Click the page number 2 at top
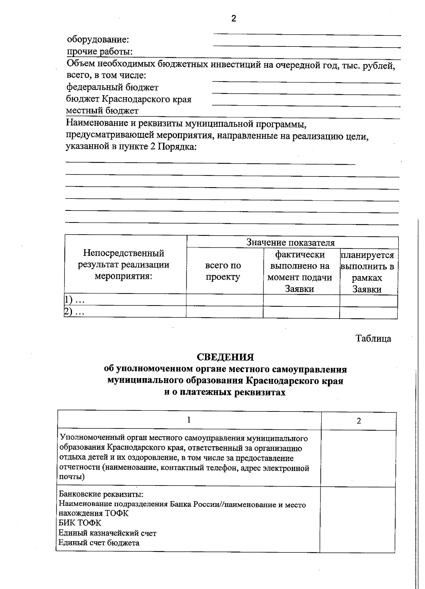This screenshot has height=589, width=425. [x=233, y=18]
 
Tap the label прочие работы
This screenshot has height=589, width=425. [x=100, y=51]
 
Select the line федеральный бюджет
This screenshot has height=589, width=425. [x=113, y=87]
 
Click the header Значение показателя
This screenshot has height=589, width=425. [x=290, y=242]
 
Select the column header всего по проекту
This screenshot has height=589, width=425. [x=223, y=271]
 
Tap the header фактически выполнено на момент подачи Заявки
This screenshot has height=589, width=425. [x=300, y=271]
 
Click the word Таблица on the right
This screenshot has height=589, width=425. [x=373, y=338]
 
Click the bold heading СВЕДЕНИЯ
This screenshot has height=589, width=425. [x=225, y=357]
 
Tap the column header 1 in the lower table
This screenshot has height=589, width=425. [x=189, y=420]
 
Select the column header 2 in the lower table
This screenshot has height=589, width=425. [x=359, y=421]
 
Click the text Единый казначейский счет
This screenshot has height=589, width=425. [x=107, y=533]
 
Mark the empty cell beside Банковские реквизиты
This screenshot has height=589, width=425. [x=358, y=519]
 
